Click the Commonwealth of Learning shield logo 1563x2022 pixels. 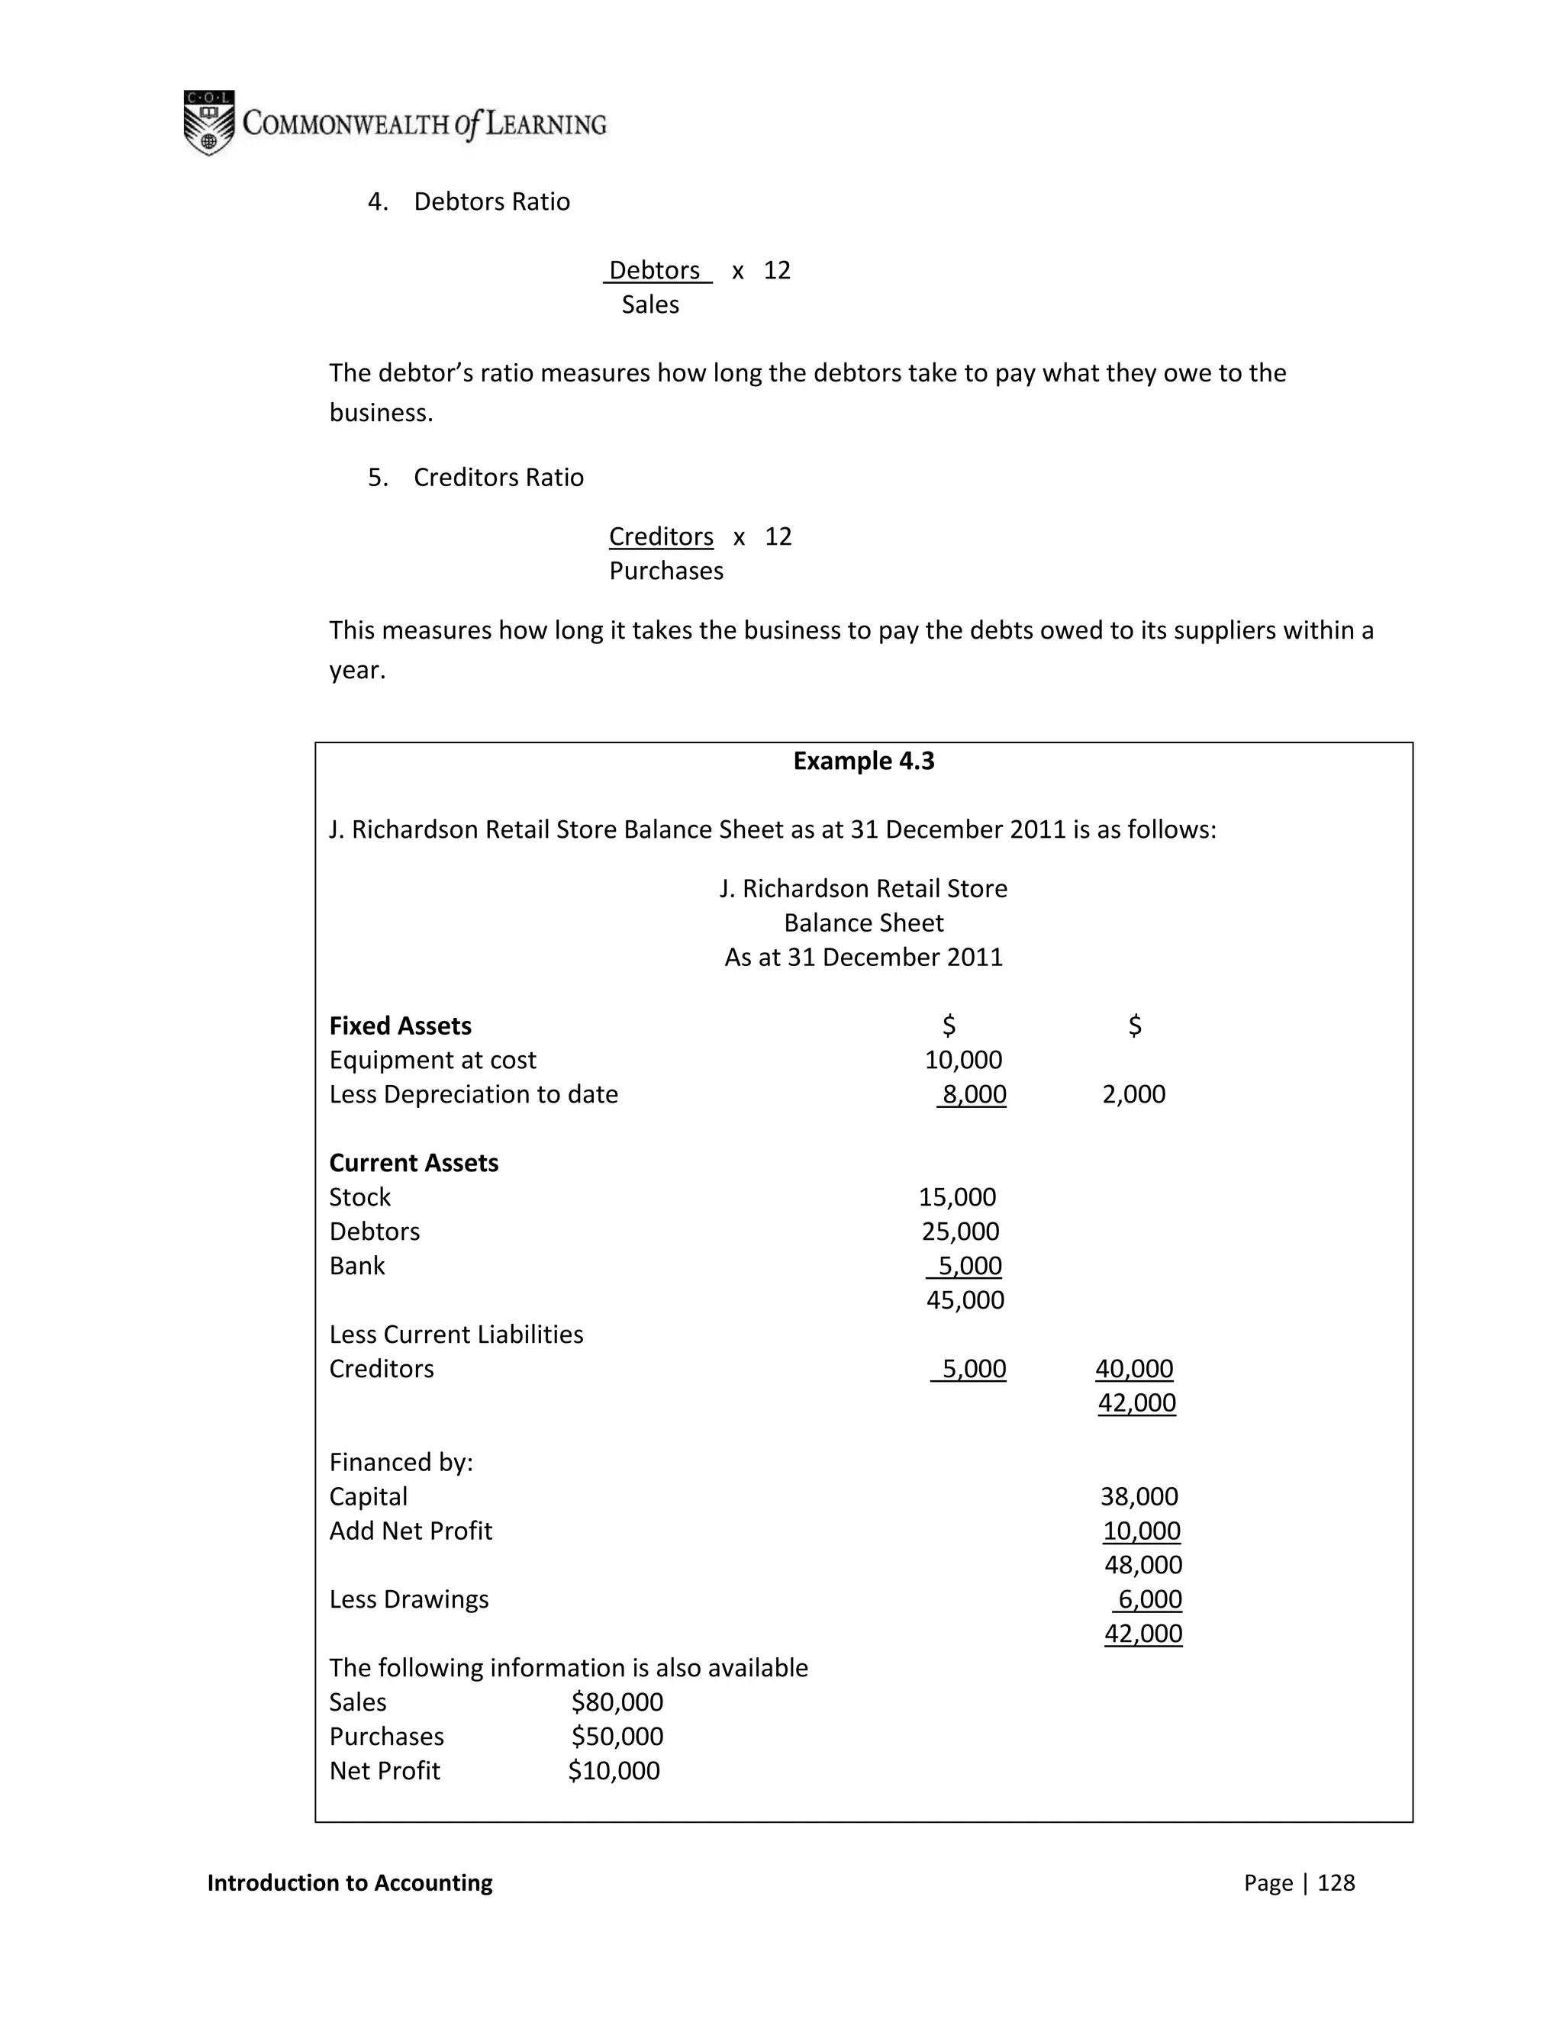pos(208,122)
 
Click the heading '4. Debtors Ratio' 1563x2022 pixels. pos(469,202)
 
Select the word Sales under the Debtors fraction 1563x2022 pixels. pos(650,304)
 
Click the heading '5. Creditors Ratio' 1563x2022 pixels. pos(476,478)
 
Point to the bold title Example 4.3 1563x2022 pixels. pos(863,761)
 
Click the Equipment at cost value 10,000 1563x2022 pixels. pos(963,1060)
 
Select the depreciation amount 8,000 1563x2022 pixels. pos(973,1094)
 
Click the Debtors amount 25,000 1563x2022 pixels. pos(960,1232)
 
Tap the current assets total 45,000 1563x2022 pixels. pos(965,1300)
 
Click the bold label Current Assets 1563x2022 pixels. pos(414,1163)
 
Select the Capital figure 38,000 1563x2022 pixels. pos(1139,1496)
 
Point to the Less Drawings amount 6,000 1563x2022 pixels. pos(1149,1599)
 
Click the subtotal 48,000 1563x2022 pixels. pos(1142,1565)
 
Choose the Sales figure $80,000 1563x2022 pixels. pos(617,1702)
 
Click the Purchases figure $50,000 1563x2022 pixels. pos(617,1736)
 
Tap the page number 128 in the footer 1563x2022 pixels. pos(1336,1882)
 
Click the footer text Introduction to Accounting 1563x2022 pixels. pos(350,1882)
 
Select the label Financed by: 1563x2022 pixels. pos(401,1462)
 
